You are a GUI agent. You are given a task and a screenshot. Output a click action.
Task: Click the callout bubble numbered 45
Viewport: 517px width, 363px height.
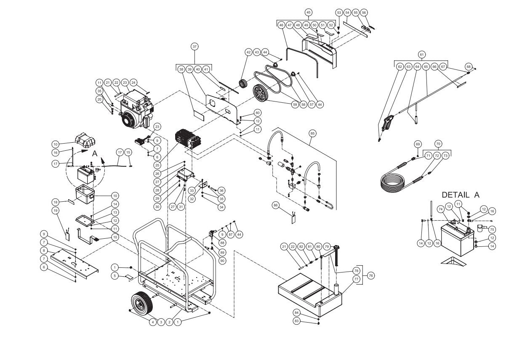[309, 12]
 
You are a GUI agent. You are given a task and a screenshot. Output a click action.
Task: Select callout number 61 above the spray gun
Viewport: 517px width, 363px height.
[421, 54]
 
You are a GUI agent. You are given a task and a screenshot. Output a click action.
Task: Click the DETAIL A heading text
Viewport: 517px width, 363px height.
[460, 195]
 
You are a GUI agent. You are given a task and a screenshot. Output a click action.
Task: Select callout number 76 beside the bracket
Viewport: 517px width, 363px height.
[370, 275]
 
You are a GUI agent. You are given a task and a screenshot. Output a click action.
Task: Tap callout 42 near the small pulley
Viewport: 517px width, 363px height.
[248, 52]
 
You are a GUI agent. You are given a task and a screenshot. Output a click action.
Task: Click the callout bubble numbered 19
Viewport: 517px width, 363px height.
[55, 210]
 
